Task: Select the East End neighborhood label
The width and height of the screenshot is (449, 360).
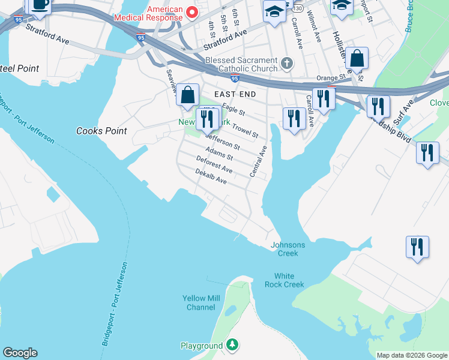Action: [x=235, y=94]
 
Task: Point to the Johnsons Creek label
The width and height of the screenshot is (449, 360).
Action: [x=288, y=249]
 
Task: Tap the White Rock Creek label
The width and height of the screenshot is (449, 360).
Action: [x=285, y=280]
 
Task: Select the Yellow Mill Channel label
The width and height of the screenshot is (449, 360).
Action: [x=200, y=303]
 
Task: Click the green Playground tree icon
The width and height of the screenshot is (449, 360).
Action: [x=232, y=346]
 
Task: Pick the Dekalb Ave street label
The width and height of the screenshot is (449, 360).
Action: [x=211, y=176]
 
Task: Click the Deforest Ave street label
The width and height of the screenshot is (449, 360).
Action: [x=214, y=165]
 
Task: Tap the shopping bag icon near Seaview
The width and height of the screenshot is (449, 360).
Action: [x=188, y=95]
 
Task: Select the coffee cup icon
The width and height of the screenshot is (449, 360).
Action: [x=40, y=5]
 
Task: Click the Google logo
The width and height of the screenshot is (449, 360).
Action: [x=20, y=353]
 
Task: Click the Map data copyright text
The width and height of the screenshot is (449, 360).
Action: [x=412, y=355]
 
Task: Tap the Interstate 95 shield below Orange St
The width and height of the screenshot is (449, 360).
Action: [x=235, y=78]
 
